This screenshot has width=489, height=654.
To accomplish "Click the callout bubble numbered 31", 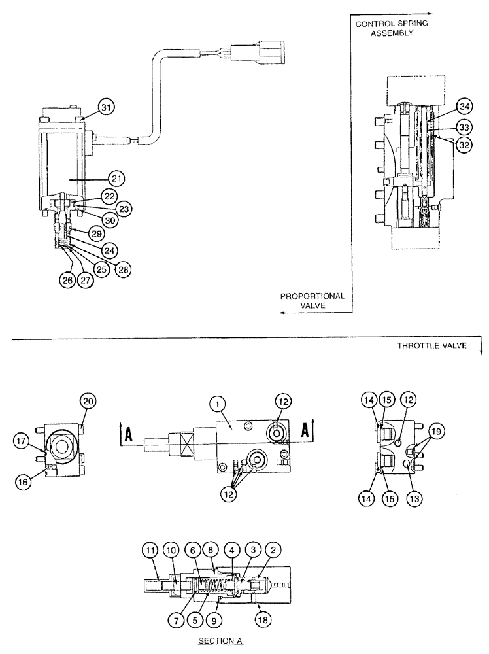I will tap(107, 106).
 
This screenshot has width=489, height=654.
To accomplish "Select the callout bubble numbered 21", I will tap(116, 177).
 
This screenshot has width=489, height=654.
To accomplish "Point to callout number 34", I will tap(464, 106).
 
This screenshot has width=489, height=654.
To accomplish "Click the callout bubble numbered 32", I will tap(464, 146).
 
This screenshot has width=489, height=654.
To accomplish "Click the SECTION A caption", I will tap(223, 642).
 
